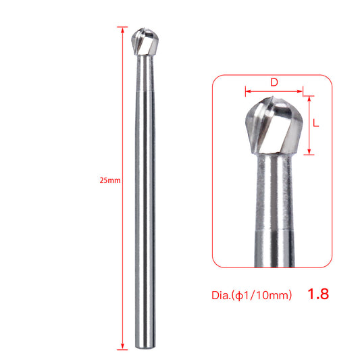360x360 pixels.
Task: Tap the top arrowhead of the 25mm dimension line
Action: (122, 30)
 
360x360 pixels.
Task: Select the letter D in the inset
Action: (274, 82)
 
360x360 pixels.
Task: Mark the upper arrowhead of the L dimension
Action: (310, 99)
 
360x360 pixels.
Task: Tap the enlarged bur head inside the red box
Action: (273, 126)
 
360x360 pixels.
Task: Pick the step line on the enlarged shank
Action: (274, 232)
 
